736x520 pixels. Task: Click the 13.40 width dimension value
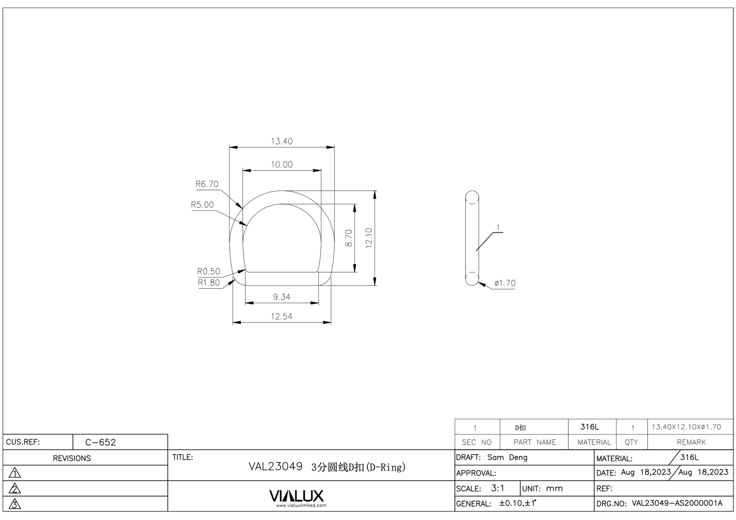pyautogui.click(x=281, y=141)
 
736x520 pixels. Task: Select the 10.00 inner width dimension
pyautogui.click(x=281, y=165)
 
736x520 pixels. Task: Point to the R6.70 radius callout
pyautogui.click(x=207, y=184)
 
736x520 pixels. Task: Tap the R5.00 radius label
pyautogui.click(x=202, y=205)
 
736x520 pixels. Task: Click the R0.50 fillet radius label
pyautogui.click(x=208, y=271)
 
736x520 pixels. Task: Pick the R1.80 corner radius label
pyautogui.click(x=208, y=283)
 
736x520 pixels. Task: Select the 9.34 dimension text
pyautogui.click(x=281, y=297)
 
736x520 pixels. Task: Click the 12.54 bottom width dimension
pyautogui.click(x=281, y=316)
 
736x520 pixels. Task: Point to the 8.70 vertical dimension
pyautogui.click(x=349, y=238)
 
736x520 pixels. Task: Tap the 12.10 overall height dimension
pyautogui.click(x=369, y=238)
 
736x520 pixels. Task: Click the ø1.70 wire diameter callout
pyautogui.click(x=504, y=283)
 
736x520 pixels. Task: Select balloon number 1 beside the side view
pyautogui.click(x=498, y=228)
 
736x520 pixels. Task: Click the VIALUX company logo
pyautogui.click(x=296, y=496)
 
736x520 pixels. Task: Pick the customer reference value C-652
pyautogui.click(x=100, y=442)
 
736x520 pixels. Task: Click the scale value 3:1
pyautogui.click(x=498, y=488)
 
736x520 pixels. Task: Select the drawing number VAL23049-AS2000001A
pyautogui.click(x=677, y=503)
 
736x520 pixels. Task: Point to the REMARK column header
pyautogui.click(x=691, y=442)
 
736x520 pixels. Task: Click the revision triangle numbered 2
pyautogui.click(x=15, y=489)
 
